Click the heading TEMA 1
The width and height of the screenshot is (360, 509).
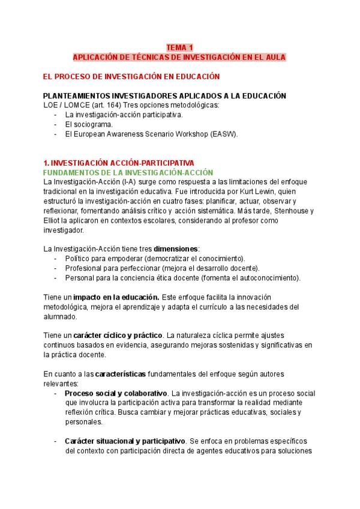[x=179, y=47]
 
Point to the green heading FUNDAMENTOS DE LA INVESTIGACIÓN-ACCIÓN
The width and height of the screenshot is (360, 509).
[x=128, y=172]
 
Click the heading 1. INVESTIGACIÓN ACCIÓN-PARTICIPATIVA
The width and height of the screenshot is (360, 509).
[x=119, y=163]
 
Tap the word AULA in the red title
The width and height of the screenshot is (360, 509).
[x=275, y=57]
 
